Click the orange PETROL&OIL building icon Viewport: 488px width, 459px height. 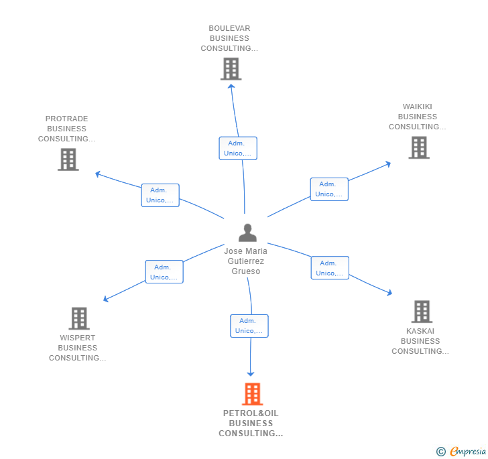[252, 395]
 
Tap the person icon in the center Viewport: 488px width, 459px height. [247, 233]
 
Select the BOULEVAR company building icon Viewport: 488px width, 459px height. [231, 68]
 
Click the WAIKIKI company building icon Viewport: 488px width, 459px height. [419, 147]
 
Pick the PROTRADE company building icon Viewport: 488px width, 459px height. [68, 159]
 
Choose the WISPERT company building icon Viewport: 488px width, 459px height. [79, 318]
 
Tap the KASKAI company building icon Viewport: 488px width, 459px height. [421, 312]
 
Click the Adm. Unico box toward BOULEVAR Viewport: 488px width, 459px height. [237, 148]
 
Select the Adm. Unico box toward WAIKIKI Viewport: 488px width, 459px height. [329, 189]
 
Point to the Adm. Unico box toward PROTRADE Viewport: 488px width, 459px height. [160, 195]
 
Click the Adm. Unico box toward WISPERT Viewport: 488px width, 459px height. [164, 271]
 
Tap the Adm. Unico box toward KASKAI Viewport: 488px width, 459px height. [330, 268]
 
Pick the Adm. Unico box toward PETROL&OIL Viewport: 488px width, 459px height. [249, 326]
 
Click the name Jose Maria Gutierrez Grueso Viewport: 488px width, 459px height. [245, 261]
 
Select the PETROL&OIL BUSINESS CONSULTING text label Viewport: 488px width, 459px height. [251, 423]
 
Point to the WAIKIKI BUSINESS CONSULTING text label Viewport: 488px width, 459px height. [417, 117]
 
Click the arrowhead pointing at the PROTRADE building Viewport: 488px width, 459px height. [98, 174]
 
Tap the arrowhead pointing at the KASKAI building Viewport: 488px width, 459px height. [389, 293]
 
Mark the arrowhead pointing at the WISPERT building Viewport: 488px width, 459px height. [105, 300]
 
